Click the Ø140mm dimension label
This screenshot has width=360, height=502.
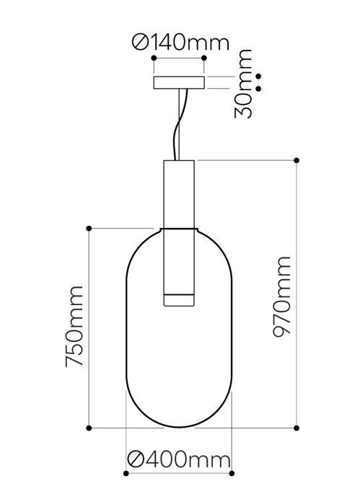pos(180,43)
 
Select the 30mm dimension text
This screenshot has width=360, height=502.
pos(245,84)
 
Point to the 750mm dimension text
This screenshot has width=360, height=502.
pos(75,326)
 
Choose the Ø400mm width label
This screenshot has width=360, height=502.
pos(178,459)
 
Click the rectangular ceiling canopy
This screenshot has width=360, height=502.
pos(178,83)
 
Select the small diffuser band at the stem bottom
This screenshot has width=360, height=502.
pos(178,299)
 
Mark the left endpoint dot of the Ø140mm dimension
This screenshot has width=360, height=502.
pos(153,58)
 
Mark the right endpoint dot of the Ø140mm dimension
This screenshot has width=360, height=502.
pos(204,58)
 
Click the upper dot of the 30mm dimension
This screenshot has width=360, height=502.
pos(258,76)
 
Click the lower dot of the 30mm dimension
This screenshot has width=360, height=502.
pos(258,89)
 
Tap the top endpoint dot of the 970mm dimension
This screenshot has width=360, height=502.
pos(297,160)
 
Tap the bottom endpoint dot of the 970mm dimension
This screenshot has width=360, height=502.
pos(297,428)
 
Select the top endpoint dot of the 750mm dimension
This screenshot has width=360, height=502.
pos(89,229)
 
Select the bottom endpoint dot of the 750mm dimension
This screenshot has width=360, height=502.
pos(89,428)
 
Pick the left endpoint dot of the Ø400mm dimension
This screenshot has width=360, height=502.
pos(126,474)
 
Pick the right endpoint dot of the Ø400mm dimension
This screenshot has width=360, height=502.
pos(232,474)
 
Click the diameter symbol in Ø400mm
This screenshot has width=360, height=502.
pos(135,459)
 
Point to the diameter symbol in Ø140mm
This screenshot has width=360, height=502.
pos(141,43)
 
